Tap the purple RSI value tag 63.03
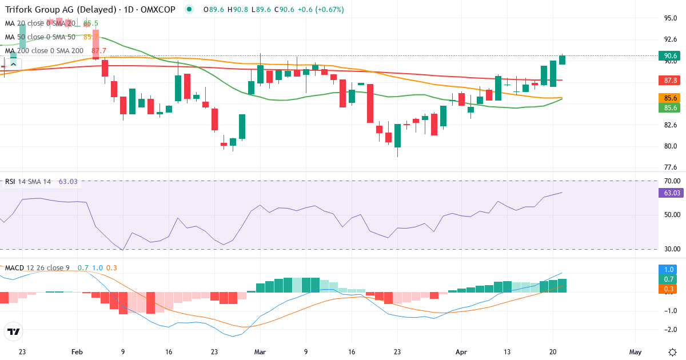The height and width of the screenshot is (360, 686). tap(671, 193)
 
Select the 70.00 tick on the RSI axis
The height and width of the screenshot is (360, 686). tap(671, 181)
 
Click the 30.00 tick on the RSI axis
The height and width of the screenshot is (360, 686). tap(671, 249)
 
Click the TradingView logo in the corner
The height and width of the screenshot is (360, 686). tap(13, 331)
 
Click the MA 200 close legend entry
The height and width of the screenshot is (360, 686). tap(45, 50)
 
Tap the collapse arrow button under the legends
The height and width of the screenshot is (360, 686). tap(13, 65)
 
